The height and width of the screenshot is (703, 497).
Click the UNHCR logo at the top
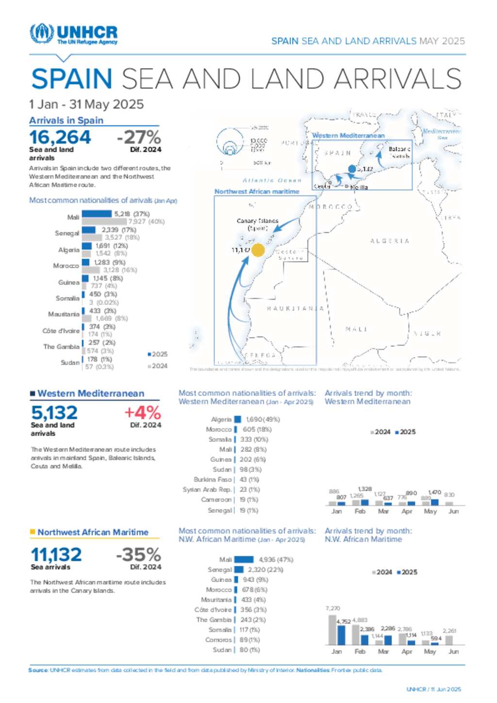(74, 34)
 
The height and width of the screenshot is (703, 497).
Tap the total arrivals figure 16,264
(60, 137)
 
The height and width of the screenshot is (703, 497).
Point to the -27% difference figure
(139, 137)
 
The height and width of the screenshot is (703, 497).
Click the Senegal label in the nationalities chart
(67, 233)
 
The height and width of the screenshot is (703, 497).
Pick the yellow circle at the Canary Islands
(258, 250)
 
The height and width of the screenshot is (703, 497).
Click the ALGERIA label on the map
(390, 241)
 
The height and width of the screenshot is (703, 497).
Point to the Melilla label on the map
(359, 187)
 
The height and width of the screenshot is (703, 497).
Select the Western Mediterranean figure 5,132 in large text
(54, 413)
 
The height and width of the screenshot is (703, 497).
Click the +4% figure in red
(143, 413)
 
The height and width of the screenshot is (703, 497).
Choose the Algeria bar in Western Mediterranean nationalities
(238, 419)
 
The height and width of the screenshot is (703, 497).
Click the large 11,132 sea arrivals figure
(56, 555)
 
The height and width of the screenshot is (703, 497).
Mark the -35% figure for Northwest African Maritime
(138, 555)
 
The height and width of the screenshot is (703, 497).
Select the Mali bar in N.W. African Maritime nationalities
(244, 559)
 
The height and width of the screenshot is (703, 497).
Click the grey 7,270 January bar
(332, 630)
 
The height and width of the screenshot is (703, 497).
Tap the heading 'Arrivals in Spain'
(66, 120)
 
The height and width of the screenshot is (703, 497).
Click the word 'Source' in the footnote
(38, 670)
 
